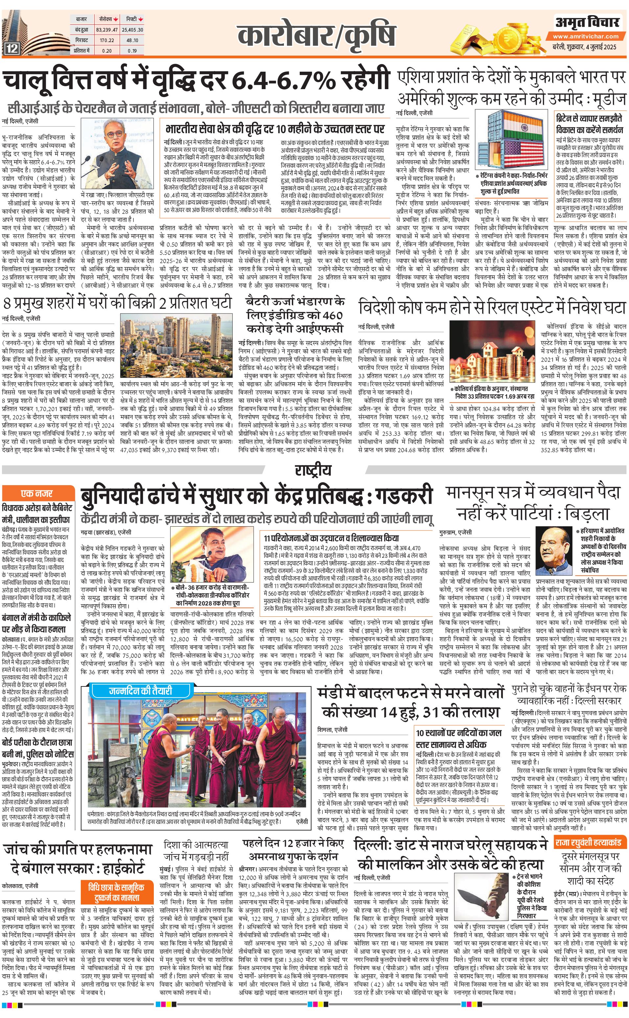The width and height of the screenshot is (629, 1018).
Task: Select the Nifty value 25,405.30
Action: [132, 30]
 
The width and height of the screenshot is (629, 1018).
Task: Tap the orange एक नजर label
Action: [37, 494]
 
